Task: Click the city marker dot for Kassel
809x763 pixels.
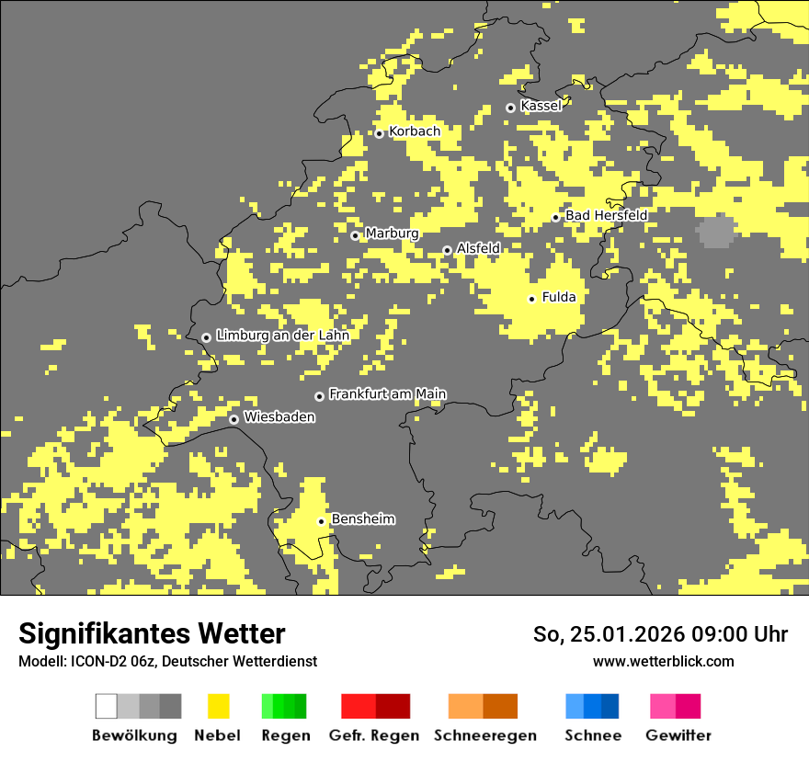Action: click(511, 108)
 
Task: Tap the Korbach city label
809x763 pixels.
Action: click(415, 131)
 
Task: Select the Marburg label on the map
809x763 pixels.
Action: click(392, 233)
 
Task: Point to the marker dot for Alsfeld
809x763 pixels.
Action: click(448, 250)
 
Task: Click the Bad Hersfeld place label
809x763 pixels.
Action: click(606, 215)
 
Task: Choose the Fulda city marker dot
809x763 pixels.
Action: click(531, 299)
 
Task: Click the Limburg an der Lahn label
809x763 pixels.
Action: click(282, 336)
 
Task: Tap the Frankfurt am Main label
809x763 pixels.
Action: click(387, 394)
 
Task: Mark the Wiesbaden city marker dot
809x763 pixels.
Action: click(234, 419)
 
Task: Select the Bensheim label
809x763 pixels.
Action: click(363, 519)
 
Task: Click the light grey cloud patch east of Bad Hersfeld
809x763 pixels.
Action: click(716, 232)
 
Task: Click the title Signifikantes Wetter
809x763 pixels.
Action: click(152, 634)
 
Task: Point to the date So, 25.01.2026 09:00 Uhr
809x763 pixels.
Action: click(660, 634)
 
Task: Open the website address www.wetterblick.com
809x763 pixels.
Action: click(663, 661)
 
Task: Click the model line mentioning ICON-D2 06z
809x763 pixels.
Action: click(167, 661)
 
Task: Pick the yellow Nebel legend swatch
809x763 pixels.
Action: click(218, 706)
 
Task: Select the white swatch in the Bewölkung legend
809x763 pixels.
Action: click(107, 706)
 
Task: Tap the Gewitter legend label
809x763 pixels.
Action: click(678, 735)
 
